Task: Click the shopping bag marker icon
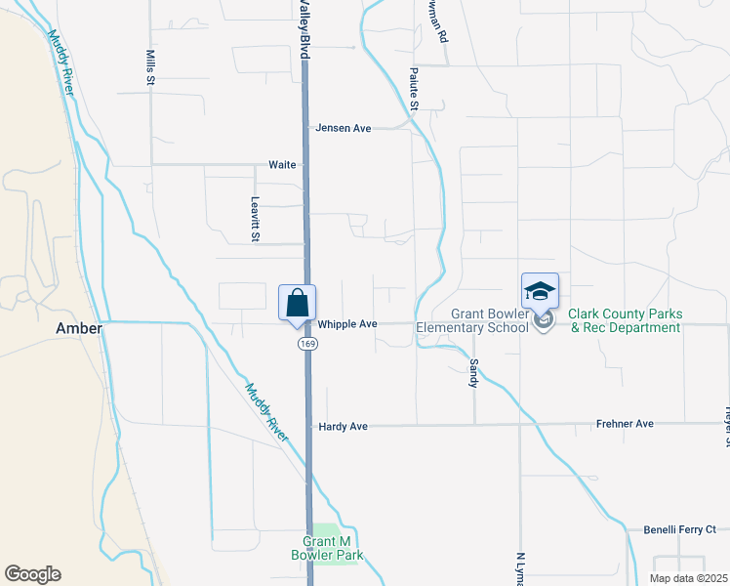[298, 302]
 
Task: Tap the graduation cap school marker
[540, 290]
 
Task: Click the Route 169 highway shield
[307, 345]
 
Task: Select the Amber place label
[78, 329]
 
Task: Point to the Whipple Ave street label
[346, 323]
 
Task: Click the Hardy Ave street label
[343, 427]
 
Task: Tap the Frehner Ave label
[626, 425]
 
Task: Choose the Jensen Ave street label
[343, 128]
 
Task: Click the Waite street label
[282, 165]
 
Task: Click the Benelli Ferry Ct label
[679, 530]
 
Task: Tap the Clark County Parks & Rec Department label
[625, 321]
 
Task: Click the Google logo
[32, 574]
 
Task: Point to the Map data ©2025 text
[689, 578]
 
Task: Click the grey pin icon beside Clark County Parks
[546, 319]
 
